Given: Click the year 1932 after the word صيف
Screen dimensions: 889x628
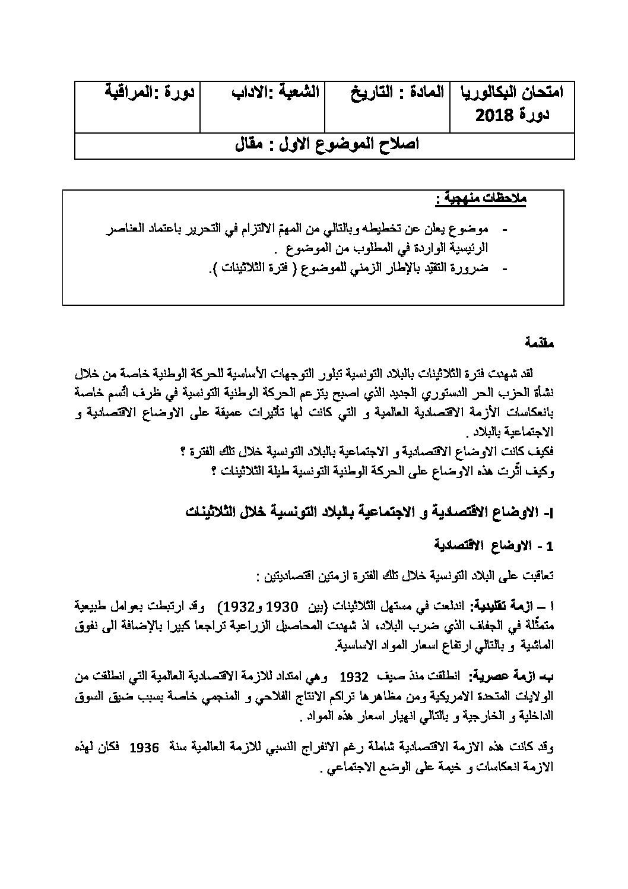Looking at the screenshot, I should [354, 677].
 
